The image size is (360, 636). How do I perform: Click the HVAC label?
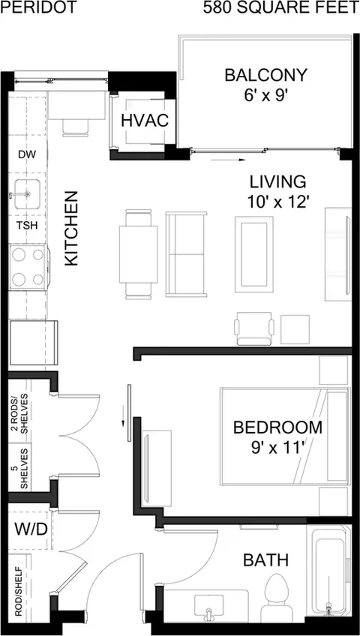click(145, 121)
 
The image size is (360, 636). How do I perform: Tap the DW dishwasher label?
click(28, 154)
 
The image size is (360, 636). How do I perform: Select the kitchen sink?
click(27, 194)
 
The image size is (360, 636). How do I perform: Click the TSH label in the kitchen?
click(28, 225)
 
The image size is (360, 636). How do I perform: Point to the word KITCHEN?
click(71, 228)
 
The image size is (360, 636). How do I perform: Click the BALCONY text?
click(266, 75)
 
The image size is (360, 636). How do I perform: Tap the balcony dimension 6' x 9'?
click(265, 97)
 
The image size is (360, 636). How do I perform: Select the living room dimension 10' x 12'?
click(277, 202)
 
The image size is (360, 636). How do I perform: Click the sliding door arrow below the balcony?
click(228, 160)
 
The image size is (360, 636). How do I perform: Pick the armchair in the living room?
click(253, 328)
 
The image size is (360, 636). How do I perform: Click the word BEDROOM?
click(277, 427)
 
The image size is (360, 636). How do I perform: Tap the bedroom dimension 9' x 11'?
click(277, 448)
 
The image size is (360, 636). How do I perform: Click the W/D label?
click(31, 529)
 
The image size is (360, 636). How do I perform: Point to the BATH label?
click(266, 560)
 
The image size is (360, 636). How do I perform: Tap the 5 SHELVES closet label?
click(19, 468)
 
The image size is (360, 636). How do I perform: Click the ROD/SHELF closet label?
click(18, 592)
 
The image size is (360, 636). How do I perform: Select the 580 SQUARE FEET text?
click(280, 7)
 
